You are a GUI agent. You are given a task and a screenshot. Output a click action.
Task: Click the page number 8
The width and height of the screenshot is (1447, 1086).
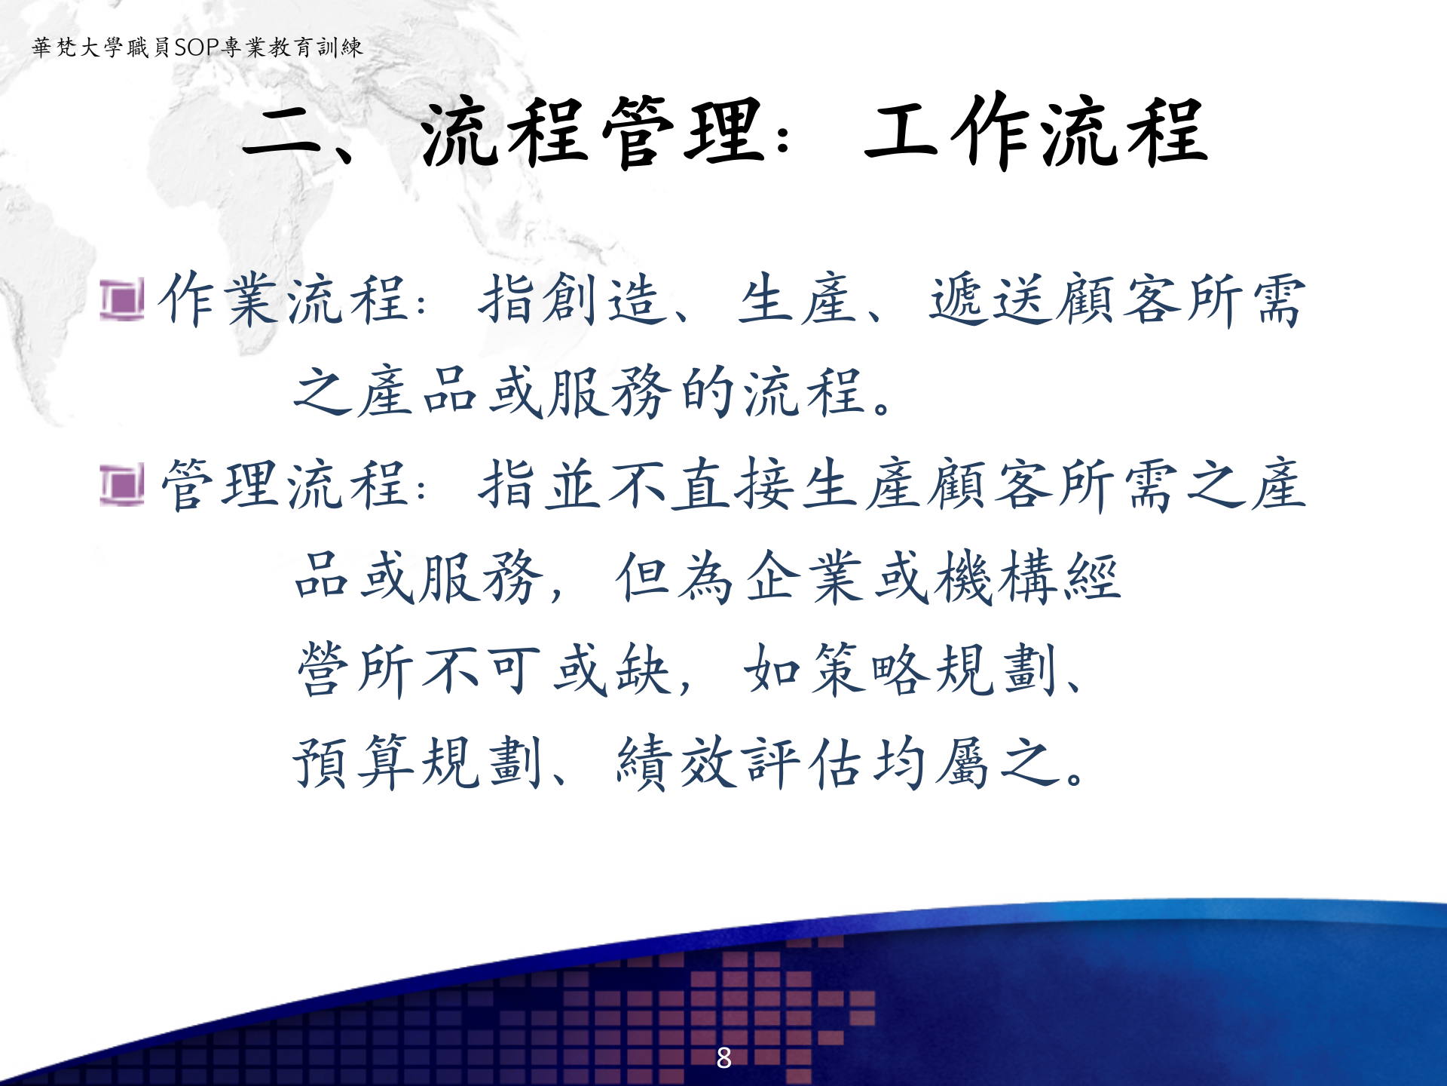click(x=723, y=1057)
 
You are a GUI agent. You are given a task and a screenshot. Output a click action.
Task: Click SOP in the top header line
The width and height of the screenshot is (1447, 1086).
click(x=197, y=48)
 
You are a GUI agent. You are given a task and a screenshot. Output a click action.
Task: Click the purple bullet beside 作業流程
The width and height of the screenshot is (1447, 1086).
click(x=121, y=299)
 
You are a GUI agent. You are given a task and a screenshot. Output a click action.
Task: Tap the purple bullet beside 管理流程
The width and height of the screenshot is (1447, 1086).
click(x=121, y=485)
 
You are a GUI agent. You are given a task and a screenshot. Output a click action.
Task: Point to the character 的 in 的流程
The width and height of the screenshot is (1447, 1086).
click(x=708, y=392)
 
